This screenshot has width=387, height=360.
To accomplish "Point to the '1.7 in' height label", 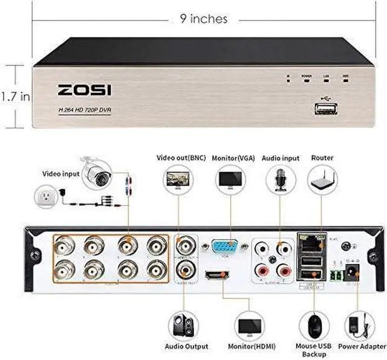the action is point(15,95).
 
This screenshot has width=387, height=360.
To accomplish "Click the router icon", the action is point(322,179).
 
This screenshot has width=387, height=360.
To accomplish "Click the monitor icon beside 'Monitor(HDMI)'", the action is point(249,326).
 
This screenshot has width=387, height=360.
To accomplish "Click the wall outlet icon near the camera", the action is point(45,198).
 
